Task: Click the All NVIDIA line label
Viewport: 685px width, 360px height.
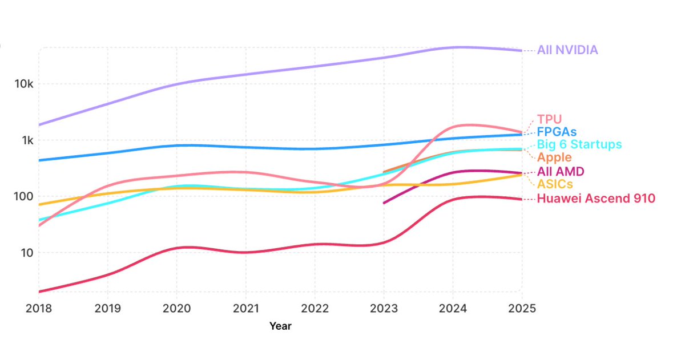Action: (567, 50)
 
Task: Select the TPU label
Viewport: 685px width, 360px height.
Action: (549, 119)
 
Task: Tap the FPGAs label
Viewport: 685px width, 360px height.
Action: (557, 132)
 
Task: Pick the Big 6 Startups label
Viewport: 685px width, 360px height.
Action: (579, 144)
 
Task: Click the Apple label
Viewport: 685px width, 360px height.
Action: (554, 157)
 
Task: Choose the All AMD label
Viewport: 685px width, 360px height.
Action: (561, 172)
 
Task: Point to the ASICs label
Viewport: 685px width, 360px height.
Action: (555, 184)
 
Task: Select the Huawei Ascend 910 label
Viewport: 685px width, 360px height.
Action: (596, 199)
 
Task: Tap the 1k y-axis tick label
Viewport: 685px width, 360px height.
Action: (25, 140)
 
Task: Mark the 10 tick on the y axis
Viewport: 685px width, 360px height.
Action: (26, 253)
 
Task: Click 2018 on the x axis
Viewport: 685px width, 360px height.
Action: (39, 308)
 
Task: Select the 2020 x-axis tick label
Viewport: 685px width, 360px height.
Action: (176, 308)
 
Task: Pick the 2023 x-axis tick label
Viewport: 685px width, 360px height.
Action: (383, 308)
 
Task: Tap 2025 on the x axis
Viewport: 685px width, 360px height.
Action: (521, 308)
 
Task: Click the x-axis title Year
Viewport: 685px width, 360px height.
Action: (280, 326)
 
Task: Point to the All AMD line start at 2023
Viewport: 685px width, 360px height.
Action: (384, 203)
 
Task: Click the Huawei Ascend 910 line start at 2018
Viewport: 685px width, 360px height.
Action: (39, 292)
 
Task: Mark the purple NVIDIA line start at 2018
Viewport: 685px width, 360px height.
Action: (39, 124)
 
